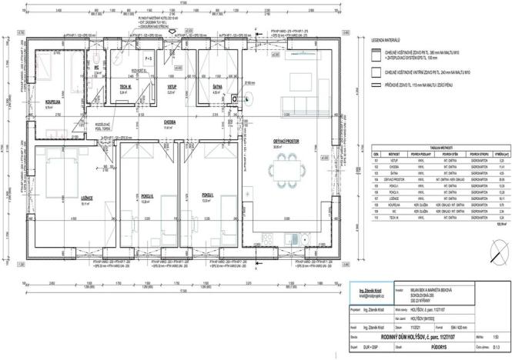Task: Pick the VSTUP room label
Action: pos(172,89)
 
